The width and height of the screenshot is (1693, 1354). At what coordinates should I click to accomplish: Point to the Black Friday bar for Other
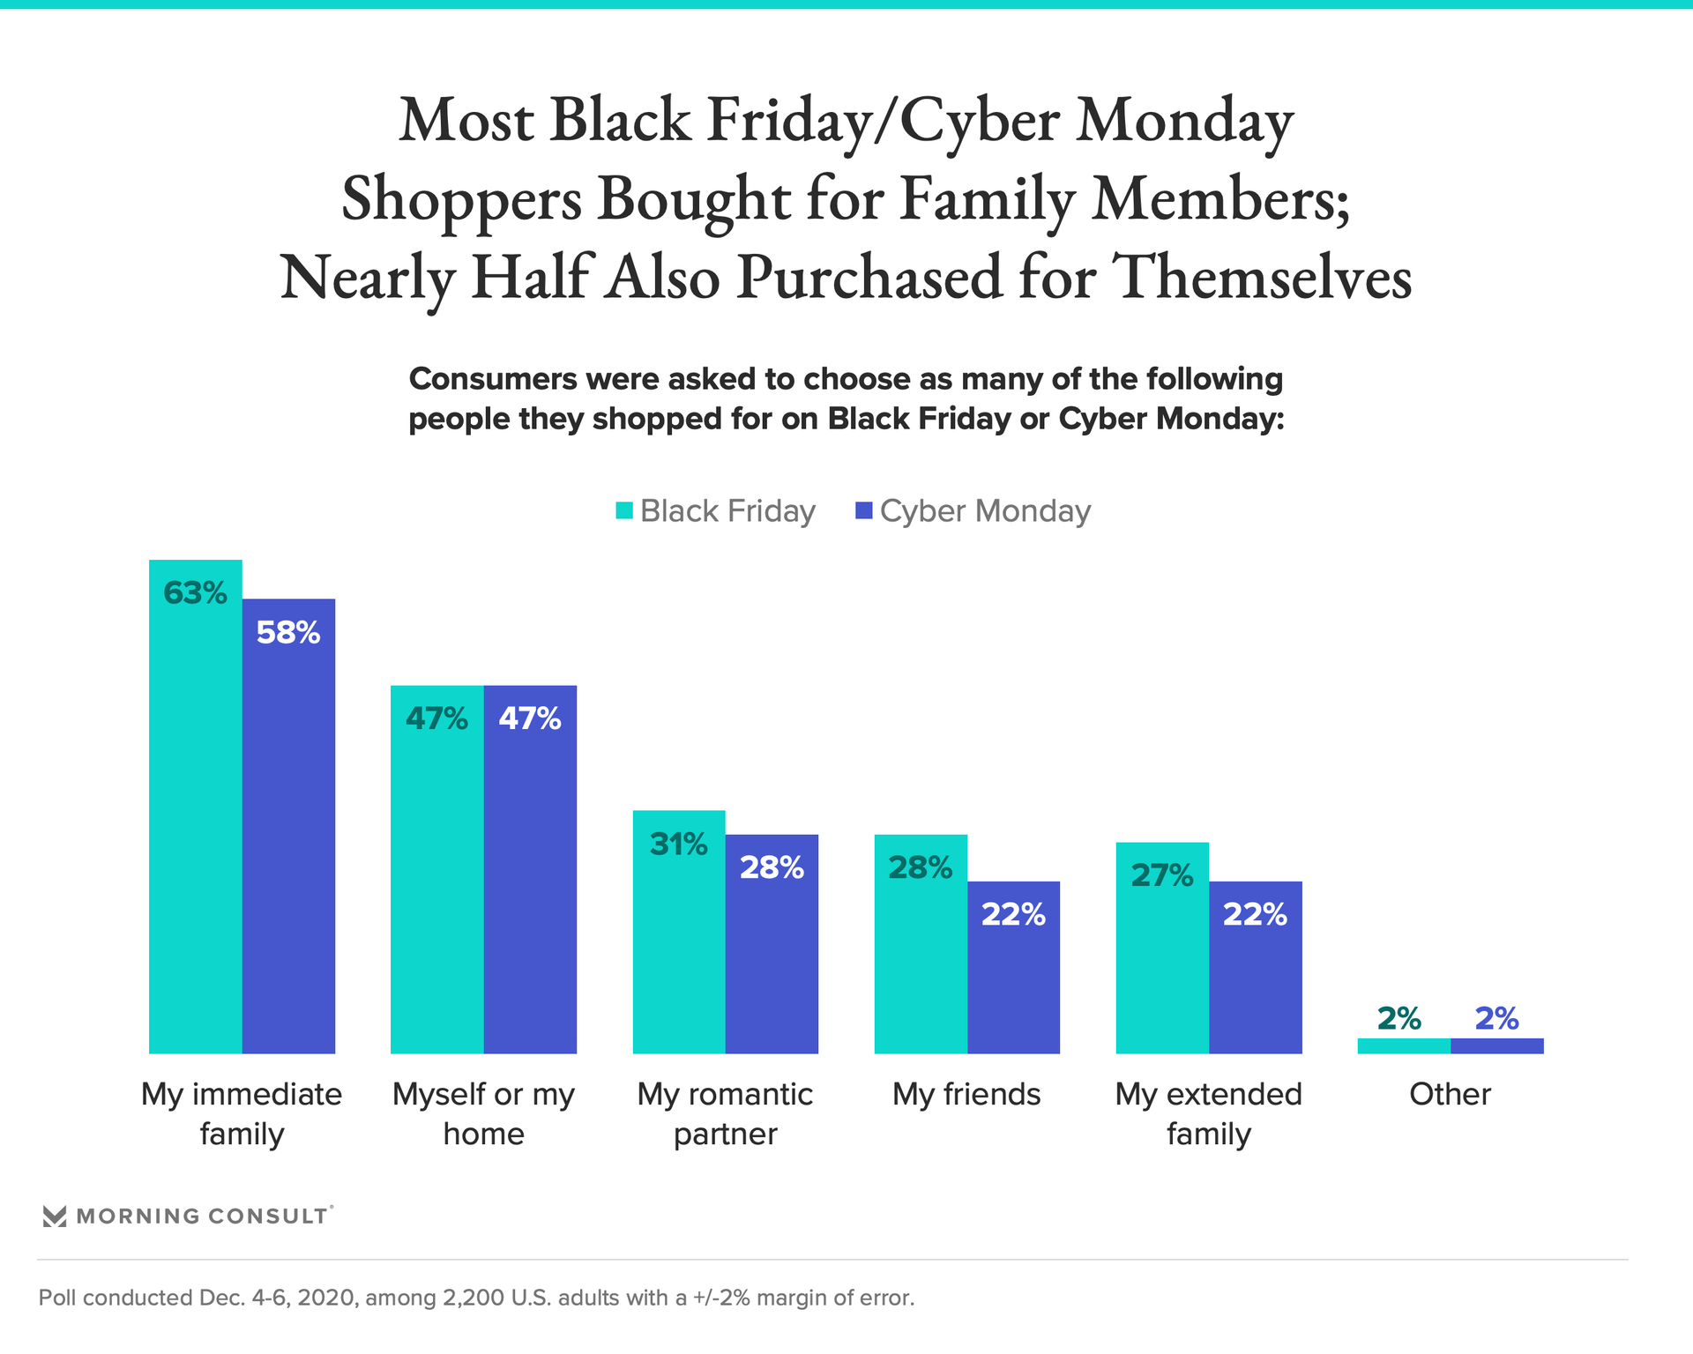pos(1404,1046)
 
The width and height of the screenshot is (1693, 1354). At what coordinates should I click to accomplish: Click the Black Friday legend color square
pos(624,510)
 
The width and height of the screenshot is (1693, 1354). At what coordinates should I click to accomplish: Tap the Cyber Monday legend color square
pos(864,510)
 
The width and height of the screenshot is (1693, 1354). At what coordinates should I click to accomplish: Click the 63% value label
pos(195,593)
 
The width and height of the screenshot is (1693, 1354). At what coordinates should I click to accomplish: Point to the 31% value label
pos(678,844)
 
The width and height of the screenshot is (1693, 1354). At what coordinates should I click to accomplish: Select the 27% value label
pos(1161,875)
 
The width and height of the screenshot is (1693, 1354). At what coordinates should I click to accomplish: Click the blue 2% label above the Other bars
pos(1496,1019)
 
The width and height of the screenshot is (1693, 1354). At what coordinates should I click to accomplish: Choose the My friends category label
pos(966,1094)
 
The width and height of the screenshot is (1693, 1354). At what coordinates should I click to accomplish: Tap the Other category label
pos(1450,1094)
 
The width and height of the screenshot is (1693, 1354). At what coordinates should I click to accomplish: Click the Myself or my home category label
pos(483,1113)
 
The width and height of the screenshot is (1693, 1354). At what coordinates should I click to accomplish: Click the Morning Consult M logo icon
pos(55,1216)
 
